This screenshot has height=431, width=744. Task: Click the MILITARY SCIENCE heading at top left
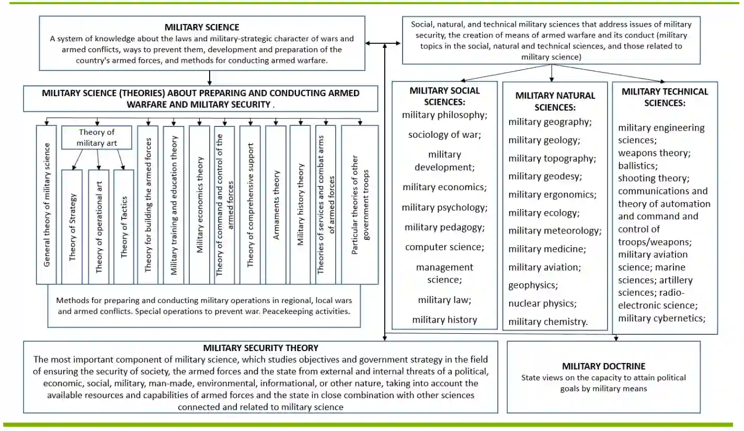point(202,27)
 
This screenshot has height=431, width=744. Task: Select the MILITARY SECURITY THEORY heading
point(260,348)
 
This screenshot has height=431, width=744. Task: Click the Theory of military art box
point(97,138)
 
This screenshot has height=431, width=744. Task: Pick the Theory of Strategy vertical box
point(72,227)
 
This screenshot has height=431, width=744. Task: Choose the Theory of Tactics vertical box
point(124,227)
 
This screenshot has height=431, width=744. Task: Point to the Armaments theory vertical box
point(276,205)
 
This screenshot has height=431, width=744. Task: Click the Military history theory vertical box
point(301,205)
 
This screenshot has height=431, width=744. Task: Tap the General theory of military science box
point(47,205)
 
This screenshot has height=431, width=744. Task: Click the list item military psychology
point(444,207)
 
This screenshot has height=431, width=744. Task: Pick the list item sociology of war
point(444,135)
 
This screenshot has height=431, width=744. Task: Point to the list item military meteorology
point(555,230)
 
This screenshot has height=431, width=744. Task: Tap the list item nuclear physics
point(542,303)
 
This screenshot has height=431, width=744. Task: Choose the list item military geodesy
point(544,176)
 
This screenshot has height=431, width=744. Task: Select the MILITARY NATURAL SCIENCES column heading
point(555,101)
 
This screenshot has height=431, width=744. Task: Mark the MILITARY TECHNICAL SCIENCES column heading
point(665,97)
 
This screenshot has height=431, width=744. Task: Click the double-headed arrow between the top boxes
point(384,43)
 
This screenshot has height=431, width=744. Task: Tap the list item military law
point(444,300)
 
